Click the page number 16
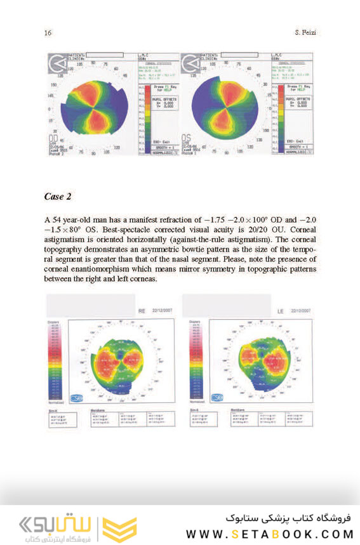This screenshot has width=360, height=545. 47,32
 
